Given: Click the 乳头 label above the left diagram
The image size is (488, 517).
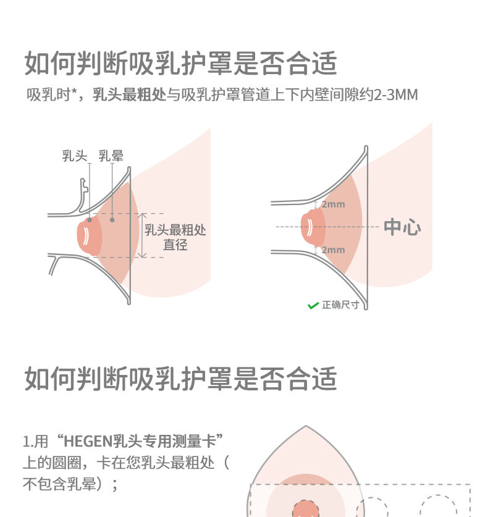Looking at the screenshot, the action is click(75, 156).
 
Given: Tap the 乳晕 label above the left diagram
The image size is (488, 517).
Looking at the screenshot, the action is click(111, 156).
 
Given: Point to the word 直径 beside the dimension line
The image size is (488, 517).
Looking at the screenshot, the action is click(175, 245).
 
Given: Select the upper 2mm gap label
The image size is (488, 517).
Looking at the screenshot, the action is click(332, 204).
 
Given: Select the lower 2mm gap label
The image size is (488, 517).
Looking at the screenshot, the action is click(332, 250).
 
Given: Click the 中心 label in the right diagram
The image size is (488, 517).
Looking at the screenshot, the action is click(402, 227).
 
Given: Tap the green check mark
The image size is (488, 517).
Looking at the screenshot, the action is click(313, 305).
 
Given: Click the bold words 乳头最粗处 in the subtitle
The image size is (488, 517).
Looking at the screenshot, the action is click(130, 95).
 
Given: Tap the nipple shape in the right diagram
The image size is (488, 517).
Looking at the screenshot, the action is click(312, 227).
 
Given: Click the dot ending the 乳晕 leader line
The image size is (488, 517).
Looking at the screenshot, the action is click(112, 219).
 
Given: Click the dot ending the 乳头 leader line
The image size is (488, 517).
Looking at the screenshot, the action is click(90, 219).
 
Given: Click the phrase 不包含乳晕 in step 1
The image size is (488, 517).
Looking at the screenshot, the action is click(59, 484).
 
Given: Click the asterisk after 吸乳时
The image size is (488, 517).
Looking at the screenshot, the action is click(75, 93).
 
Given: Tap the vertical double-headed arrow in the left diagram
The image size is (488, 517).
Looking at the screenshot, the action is click(141, 235).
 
